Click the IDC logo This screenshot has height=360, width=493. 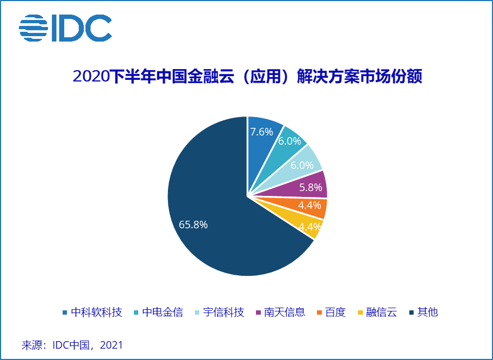point(65,28)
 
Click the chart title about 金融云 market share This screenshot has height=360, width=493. point(247,76)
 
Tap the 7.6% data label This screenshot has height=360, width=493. point(261,131)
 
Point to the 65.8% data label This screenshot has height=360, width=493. point(193,225)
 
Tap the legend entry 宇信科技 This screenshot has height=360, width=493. point(223,312)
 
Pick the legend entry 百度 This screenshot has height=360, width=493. point(335,312)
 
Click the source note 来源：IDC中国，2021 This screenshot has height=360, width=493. point(72,345)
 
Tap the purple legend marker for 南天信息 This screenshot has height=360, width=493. point(259,313)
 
